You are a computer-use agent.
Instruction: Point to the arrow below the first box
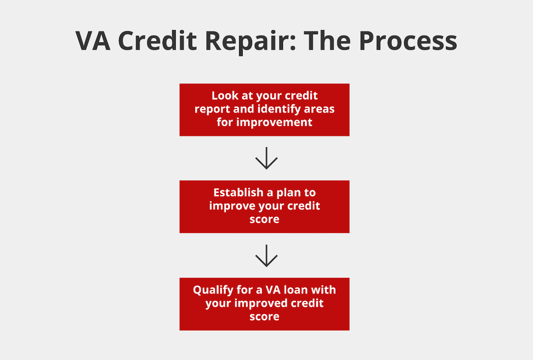[266, 158]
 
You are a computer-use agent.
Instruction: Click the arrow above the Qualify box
[266, 256]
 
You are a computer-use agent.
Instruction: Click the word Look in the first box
[225, 96]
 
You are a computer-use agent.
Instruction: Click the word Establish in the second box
[238, 193]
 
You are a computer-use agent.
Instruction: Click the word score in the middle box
[265, 219]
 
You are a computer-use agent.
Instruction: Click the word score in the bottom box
[265, 317]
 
